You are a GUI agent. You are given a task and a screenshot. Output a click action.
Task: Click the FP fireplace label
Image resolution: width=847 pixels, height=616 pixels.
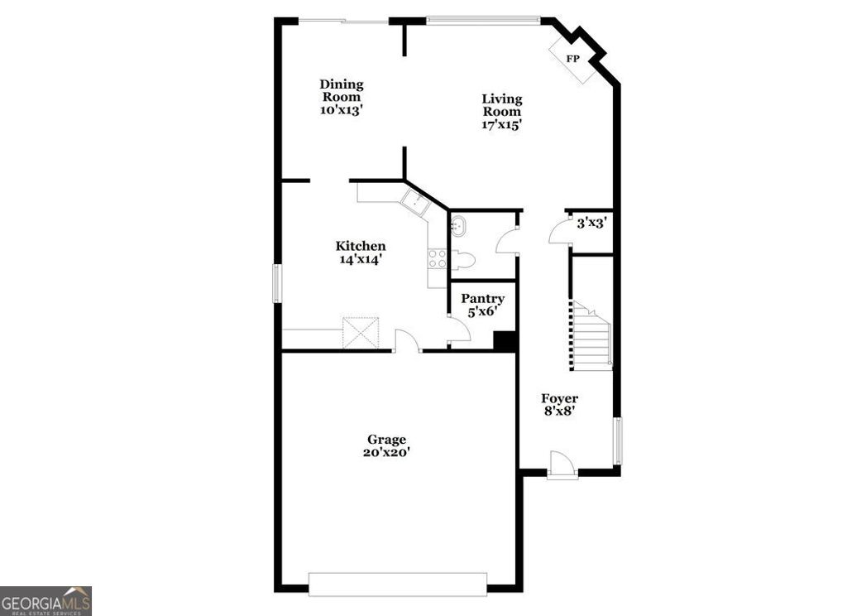click(x=572, y=58)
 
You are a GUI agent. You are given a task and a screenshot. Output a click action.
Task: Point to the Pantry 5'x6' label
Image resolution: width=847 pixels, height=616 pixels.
click(x=482, y=305)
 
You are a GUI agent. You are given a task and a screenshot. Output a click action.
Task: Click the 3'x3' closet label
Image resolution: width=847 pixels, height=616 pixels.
click(x=592, y=223)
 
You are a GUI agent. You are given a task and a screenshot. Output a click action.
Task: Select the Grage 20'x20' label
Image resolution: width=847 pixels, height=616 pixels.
click(x=386, y=446)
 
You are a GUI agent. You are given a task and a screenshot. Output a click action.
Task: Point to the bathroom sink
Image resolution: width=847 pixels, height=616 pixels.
click(x=457, y=224)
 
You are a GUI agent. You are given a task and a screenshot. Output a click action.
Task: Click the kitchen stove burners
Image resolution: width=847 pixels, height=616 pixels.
click(x=437, y=257)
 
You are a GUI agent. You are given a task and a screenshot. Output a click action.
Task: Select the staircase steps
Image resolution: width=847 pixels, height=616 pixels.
click(x=591, y=338)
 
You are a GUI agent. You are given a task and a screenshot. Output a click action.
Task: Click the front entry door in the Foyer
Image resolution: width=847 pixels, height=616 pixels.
click(x=562, y=465)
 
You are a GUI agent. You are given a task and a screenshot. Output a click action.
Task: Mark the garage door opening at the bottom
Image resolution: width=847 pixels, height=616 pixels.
click(x=397, y=584)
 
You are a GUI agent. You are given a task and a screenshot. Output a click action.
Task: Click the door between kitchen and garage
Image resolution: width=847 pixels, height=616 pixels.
click(x=407, y=341)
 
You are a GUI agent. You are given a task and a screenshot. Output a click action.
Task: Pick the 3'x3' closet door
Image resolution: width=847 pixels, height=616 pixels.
click(x=561, y=232)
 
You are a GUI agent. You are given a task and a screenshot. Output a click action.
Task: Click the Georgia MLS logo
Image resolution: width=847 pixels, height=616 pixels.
click(x=45, y=600)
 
